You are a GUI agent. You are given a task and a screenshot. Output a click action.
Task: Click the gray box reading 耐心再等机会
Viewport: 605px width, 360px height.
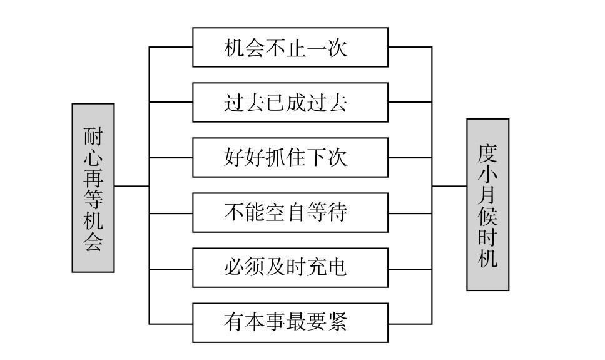tap(93, 188)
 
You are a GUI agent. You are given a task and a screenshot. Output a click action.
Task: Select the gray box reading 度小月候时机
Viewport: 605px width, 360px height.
tap(487, 205)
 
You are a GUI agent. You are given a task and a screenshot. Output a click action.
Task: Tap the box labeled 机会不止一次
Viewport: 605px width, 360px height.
tap(290, 47)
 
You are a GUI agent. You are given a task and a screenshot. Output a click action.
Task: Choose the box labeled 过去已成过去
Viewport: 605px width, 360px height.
tap(290, 102)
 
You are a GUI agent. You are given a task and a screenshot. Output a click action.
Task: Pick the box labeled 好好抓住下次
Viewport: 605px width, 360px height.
tap(290, 157)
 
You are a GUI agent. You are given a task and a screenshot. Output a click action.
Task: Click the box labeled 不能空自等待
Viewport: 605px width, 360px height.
tap(290, 212)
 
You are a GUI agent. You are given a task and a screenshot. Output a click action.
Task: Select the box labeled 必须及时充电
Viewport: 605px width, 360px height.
tap(290, 267)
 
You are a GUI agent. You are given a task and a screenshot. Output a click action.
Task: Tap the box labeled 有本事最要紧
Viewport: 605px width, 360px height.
tap(290, 322)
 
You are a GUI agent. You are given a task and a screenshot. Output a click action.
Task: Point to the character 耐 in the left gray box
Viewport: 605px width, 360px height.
tap(93, 136)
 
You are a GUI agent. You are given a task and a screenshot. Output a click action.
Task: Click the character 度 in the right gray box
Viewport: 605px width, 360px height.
tap(488, 152)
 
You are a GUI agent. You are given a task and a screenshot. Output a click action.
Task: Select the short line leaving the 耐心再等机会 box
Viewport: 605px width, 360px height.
tap(131, 186)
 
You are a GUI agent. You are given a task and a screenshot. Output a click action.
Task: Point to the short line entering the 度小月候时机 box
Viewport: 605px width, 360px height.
tap(449, 186)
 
